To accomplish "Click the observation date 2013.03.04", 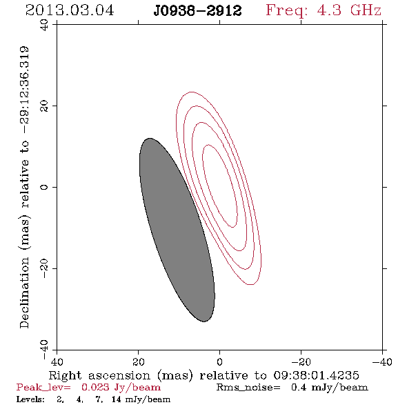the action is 70,10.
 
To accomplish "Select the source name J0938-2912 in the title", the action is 197,11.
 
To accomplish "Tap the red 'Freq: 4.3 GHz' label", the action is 324,11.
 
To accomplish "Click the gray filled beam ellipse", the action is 177,230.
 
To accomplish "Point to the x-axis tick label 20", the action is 139,362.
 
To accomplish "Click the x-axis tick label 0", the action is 220,362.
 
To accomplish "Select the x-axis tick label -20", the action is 301,362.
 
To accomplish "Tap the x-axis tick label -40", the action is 382,362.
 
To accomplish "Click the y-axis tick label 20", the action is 44,106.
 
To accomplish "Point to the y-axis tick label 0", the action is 44,187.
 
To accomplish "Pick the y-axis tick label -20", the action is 44,268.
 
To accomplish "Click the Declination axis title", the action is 24,187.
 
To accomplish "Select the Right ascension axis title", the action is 203,375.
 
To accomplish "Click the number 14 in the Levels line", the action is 117,399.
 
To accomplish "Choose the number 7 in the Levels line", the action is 99,399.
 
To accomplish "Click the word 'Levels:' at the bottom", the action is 30,399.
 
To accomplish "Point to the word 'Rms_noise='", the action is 248,388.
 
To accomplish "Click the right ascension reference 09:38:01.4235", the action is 316,375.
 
